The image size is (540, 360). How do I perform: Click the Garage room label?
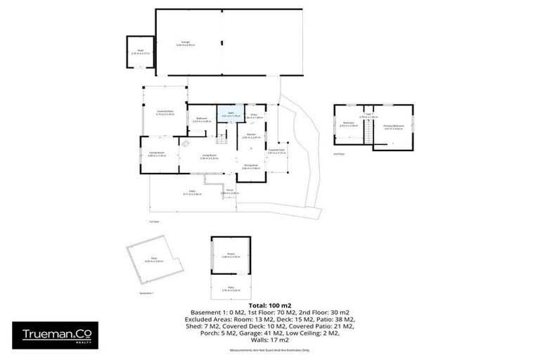pyautogui.click(x=186, y=43)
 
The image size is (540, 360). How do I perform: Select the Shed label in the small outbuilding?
pyautogui.click(x=140, y=52)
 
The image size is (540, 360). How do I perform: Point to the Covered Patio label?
pyautogui.click(x=165, y=112)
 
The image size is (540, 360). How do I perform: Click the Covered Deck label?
pyautogui.click(x=276, y=150)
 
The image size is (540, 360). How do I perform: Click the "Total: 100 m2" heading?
pyautogui.click(x=271, y=304)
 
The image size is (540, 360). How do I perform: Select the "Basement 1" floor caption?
pyautogui.click(x=146, y=292)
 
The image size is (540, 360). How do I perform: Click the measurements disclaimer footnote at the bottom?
pyautogui.click(x=271, y=352)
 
